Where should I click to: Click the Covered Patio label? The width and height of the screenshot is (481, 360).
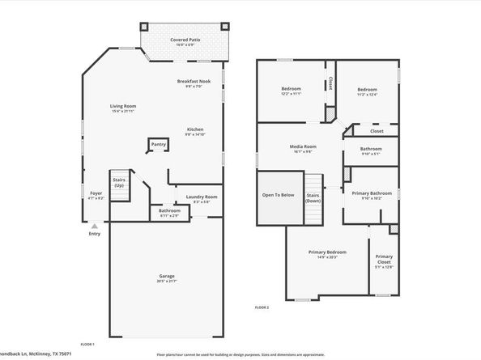(185, 40)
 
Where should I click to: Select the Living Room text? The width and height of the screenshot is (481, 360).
(123, 106)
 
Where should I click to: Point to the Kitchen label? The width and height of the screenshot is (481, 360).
(195, 129)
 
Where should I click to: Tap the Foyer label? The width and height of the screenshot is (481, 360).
(96, 193)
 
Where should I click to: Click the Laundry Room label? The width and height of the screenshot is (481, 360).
(202, 197)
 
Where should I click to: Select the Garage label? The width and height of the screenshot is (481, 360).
(167, 277)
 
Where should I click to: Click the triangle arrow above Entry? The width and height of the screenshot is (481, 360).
(95, 227)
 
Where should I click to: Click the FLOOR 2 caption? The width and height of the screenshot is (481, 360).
(262, 307)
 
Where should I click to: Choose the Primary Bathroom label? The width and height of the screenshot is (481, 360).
(371, 193)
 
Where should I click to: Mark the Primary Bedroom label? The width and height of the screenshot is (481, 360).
(327, 253)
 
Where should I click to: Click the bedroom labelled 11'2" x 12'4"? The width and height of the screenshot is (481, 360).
(366, 90)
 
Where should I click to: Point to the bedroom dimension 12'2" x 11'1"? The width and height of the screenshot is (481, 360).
(291, 94)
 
